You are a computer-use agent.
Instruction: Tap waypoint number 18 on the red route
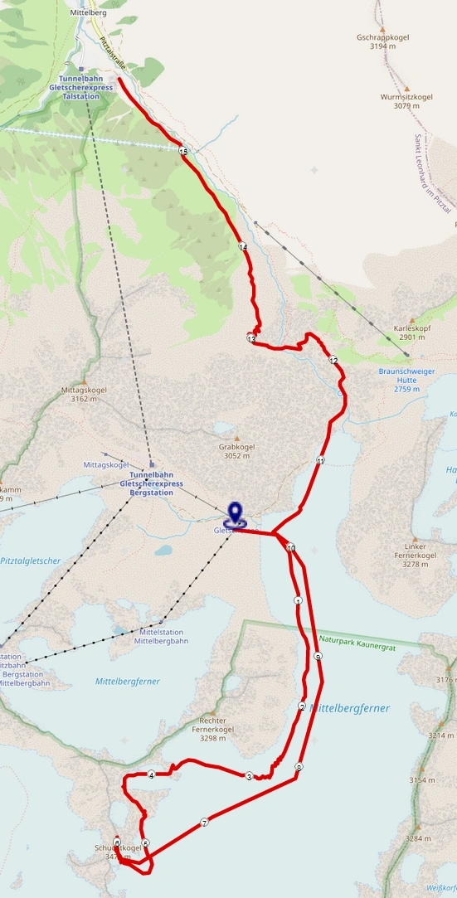[x=183, y=150]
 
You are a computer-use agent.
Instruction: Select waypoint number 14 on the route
[x=243, y=247]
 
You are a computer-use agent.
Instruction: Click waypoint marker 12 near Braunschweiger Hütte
[x=333, y=361]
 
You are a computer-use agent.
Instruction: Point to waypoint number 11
[x=320, y=460]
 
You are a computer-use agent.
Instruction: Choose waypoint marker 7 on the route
[x=204, y=823]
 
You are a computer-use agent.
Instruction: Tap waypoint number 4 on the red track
[x=152, y=775]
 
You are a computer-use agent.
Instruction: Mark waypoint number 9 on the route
[x=318, y=657]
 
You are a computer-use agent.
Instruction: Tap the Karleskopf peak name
[x=415, y=327]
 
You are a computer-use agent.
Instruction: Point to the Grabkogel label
[x=236, y=446]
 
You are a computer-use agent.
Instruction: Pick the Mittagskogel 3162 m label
[x=90, y=390]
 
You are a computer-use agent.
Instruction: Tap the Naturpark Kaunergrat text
[x=352, y=640]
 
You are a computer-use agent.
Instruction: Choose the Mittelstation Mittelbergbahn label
[x=162, y=635]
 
